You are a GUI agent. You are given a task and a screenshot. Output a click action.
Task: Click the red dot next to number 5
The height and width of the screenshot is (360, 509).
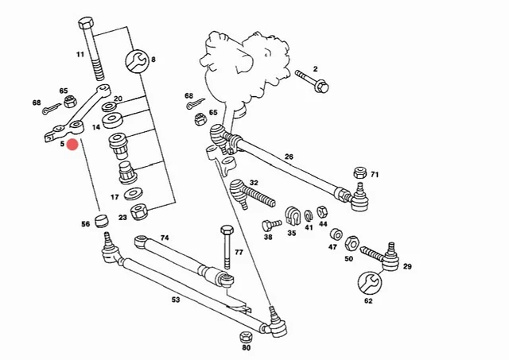pyautogui.click(x=72, y=144)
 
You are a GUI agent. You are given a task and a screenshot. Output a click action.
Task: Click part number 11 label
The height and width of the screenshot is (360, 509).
pyautogui.click(x=80, y=54)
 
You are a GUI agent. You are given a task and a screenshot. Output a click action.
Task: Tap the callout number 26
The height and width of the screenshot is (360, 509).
pyautogui.click(x=289, y=157)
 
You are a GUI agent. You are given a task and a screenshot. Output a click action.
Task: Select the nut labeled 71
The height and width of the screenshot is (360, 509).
pyautogui.click(x=359, y=172)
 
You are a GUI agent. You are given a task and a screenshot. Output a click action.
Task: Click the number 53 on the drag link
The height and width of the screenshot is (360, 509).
pyautogui.click(x=176, y=300)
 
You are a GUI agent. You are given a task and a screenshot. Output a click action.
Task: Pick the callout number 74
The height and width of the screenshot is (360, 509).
pyautogui.click(x=165, y=238)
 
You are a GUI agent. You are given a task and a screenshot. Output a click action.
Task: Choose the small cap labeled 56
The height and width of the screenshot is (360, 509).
pyautogui.click(x=101, y=219)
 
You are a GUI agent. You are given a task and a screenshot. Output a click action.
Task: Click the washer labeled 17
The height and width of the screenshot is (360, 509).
pyautogui.click(x=136, y=195)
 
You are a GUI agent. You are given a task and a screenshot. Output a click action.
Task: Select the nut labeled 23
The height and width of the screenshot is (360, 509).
pyautogui.click(x=142, y=212)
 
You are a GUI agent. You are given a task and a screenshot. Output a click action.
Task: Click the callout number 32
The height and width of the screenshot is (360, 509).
pyautogui.click(x=254, y=183)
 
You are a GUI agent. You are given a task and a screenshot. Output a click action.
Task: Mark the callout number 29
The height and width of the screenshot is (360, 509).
pyautogui.click(x=406, y=267)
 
